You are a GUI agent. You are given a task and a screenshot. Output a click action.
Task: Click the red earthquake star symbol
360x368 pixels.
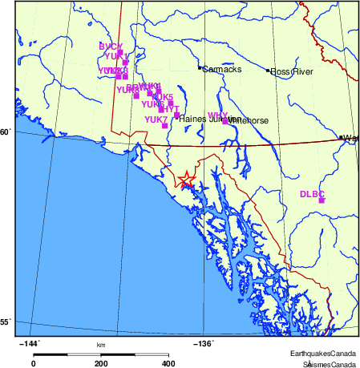point(186,180)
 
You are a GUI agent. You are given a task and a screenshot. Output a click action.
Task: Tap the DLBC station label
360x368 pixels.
point(311,194)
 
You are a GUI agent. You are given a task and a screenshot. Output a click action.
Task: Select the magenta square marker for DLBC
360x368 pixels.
point(322,200)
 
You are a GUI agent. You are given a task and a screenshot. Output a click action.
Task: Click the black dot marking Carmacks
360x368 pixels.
point(200,68)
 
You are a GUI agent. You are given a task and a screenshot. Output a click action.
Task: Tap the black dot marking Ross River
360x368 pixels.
point(269,71)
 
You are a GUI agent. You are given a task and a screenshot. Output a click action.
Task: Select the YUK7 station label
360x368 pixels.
point(156,119)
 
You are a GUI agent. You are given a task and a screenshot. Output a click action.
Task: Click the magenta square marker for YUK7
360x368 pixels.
point(164,125)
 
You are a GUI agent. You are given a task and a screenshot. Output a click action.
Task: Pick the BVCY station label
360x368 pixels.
point(110,47)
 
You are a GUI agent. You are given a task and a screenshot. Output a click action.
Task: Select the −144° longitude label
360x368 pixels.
point(28,344)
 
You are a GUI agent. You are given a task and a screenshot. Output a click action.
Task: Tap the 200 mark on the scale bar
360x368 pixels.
point(101,363)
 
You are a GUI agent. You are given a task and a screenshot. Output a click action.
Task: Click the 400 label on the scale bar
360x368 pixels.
point(168,363)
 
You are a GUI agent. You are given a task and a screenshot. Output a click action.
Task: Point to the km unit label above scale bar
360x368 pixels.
point(101,345)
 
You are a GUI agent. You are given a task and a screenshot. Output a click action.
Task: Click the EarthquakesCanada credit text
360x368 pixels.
point(323,354)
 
